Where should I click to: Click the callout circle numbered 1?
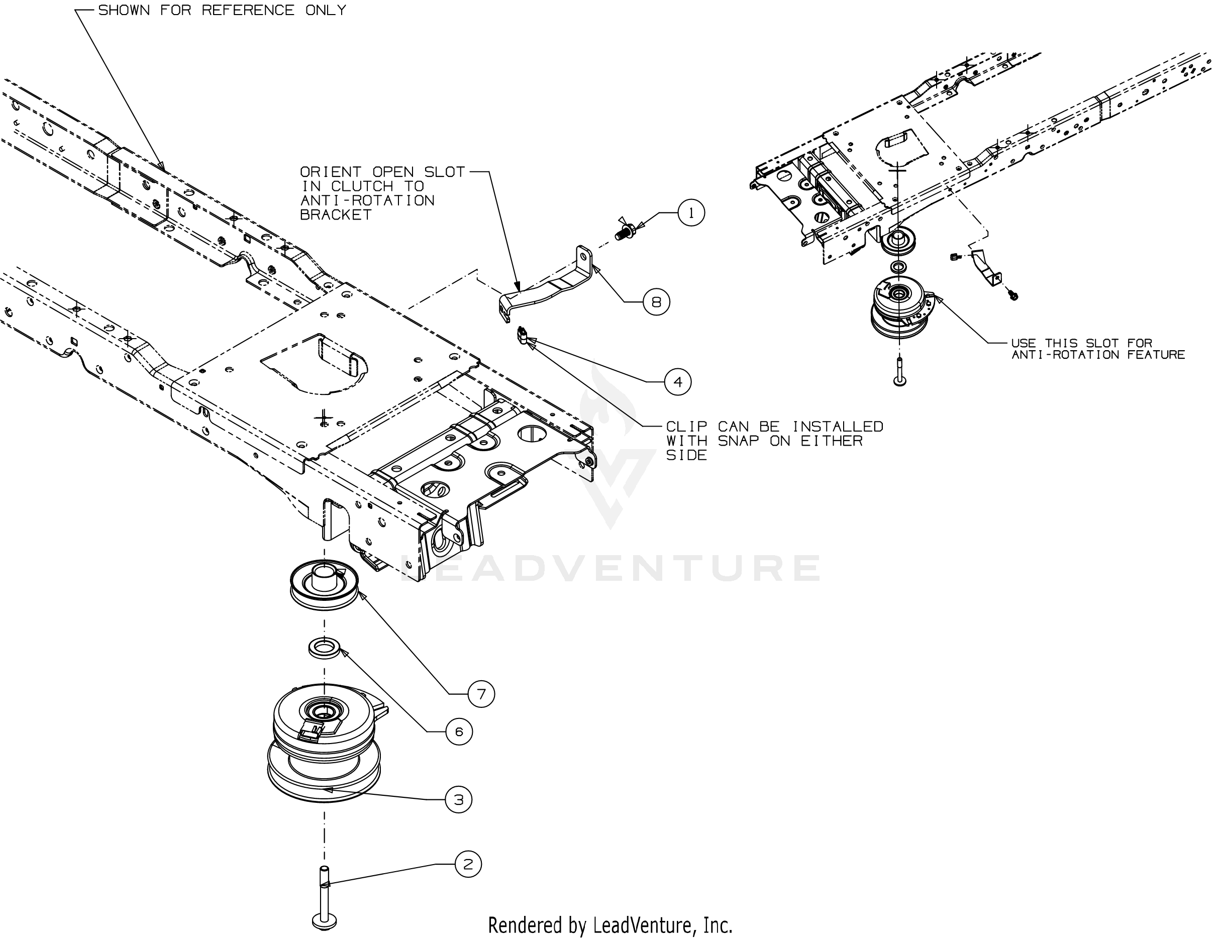coord(691,213)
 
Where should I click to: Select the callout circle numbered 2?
coord(468,864)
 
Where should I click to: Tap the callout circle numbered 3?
coord(458,800)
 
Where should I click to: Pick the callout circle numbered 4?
coord(678,382)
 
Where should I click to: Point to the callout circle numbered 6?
coord(459,732)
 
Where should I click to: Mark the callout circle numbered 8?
coord(656,302)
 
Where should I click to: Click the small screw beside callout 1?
coord(627,229)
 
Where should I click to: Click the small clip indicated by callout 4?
coord(523,337)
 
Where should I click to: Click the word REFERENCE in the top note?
coord(248,11)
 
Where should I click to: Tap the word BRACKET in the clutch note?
coord(336,215)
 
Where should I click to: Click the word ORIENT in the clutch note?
coord(331,172)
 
